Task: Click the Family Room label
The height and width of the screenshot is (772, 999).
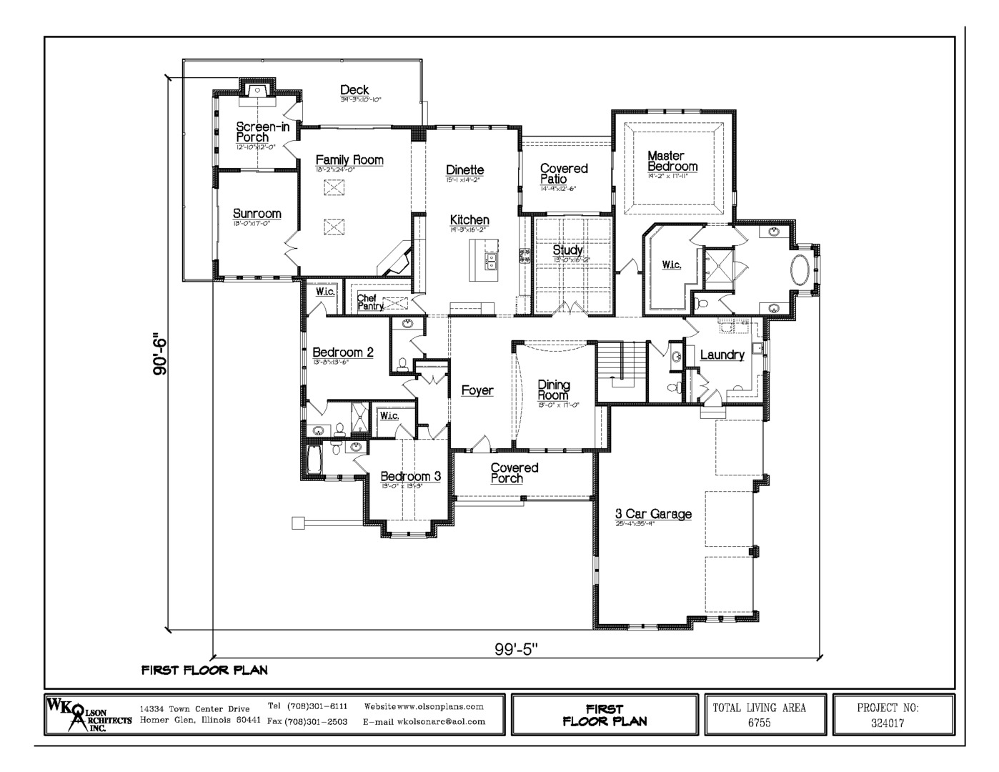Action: point(349,161)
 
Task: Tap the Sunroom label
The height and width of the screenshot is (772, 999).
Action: point(257,214)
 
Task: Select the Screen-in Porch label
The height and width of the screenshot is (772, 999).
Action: point(253,132)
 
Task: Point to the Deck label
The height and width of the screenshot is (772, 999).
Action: point(354,90)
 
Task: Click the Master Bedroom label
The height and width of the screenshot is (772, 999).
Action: point(671,161)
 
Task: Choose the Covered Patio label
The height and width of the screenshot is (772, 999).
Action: point(563,174)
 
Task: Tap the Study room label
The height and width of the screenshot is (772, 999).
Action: point(567,251)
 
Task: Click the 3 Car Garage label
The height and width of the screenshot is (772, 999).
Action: point(653,514)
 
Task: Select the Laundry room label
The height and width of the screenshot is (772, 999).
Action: point(722,355)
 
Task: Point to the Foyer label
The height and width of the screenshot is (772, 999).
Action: point(477,391)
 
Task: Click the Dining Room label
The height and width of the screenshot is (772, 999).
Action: point(554,390)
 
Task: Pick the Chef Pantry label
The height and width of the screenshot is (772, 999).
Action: point(369,302)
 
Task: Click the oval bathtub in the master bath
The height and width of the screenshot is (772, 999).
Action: point(799,271)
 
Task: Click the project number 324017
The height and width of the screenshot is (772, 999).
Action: point(888,723)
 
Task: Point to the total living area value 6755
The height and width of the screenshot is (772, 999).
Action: point(759,723)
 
